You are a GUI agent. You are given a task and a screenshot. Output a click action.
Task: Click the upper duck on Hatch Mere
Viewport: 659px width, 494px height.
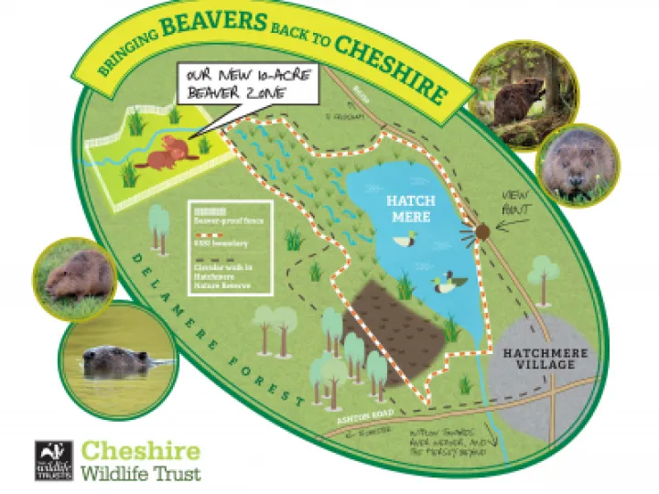tap(405, 241)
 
